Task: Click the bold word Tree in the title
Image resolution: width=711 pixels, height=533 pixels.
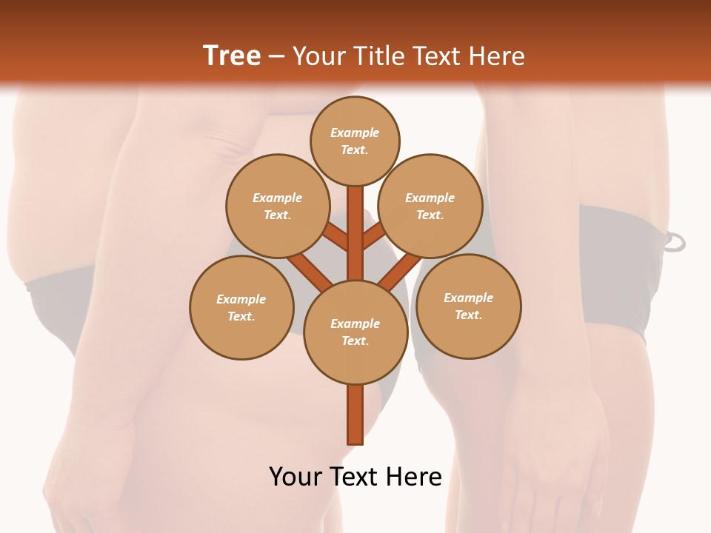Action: coord(232,56)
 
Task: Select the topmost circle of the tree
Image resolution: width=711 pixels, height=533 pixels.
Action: coord(355,141)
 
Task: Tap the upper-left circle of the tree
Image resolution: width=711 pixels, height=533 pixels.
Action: coord(277,206)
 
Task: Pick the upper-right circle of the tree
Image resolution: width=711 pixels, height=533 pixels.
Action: coord(430,206)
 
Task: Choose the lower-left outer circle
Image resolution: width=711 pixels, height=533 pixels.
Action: coord(241,307)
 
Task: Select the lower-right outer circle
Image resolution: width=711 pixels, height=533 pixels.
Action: coord(469,306)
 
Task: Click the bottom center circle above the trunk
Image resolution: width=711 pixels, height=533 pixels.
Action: coord(355,332)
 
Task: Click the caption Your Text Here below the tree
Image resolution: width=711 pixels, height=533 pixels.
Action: coord(355,477)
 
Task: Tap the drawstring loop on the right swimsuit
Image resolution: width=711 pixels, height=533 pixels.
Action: coord(675,242)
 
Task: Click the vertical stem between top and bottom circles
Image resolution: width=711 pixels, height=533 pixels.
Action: coord(355,233)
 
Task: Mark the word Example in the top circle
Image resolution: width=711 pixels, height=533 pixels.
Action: coord(355,133)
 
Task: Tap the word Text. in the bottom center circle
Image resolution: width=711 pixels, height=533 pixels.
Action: coord(355,341)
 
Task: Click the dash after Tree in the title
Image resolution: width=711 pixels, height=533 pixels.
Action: coord(276,56)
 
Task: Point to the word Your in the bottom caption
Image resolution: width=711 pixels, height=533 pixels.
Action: coord(296,477)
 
